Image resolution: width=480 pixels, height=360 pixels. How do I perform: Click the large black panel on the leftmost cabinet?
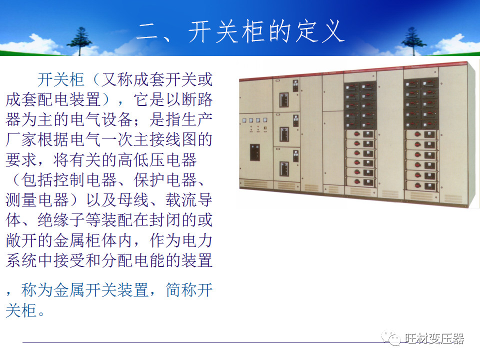254,152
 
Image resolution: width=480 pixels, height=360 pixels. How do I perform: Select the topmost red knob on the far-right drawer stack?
414,134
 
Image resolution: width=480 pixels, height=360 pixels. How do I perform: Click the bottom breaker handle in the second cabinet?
284,168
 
